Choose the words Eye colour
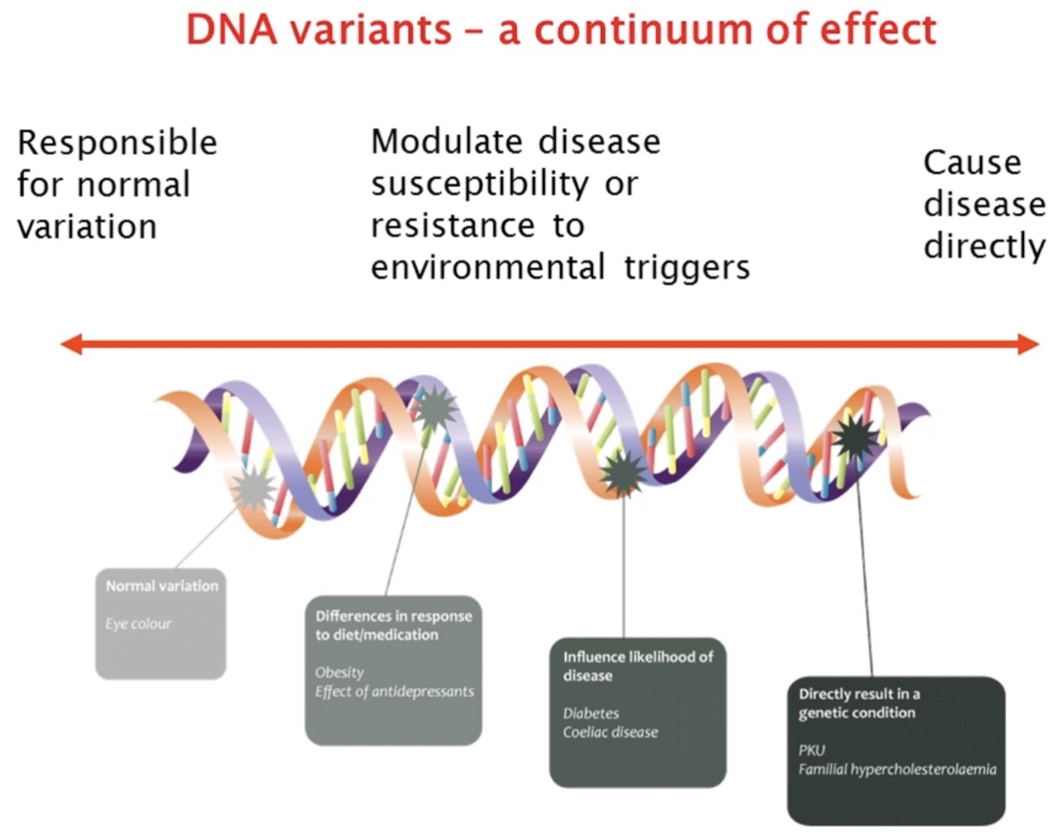(138, 624)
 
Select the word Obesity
(340, 672)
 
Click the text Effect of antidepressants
(393, 691)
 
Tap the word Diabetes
(591, 713)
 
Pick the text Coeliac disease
(611, 732)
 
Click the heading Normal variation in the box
(162, 586)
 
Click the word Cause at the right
(972, 164)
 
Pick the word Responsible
(117, 143)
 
